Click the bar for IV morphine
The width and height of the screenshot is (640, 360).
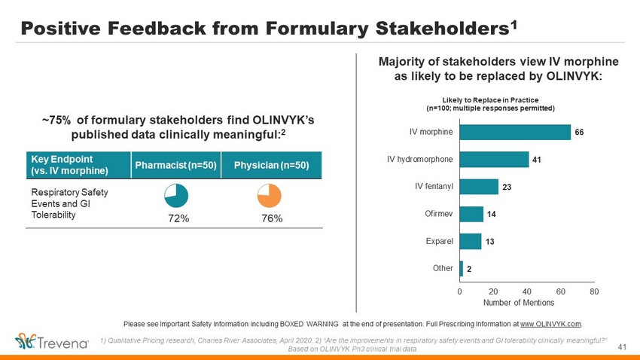coord(515,132)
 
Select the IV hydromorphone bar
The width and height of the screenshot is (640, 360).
coord(494,160)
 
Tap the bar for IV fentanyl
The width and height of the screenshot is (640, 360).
coord(479,186)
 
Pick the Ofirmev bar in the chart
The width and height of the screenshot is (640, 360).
coord(471,214)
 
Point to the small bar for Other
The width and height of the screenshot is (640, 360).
coord(462,267)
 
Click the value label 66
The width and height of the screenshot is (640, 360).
coord(580,133)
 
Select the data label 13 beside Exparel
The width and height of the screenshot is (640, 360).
coord(489,242)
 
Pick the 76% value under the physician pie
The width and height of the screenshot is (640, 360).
coord(271,218)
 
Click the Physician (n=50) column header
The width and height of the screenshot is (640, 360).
coord(271,165)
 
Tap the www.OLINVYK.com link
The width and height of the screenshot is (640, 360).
coord(550,324)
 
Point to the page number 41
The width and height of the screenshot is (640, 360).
coord(622,346)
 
